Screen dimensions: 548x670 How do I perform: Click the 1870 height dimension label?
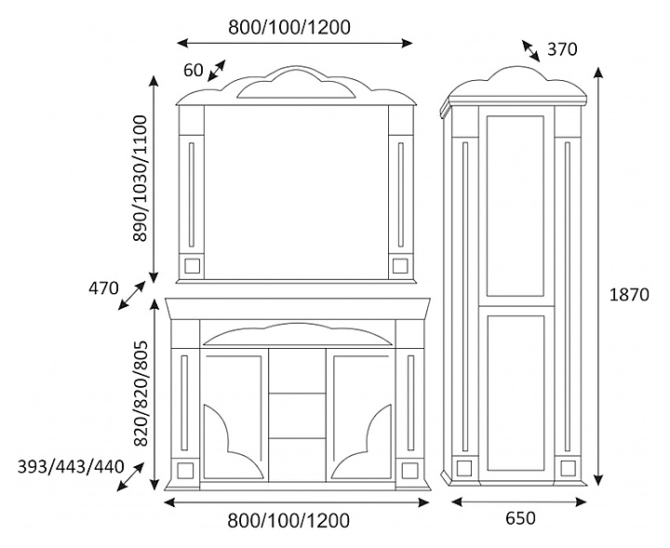628,295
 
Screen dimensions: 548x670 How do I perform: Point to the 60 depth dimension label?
193,70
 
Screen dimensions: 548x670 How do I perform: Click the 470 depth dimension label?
103,288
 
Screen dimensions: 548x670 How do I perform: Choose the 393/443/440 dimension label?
71,466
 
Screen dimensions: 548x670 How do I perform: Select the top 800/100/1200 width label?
289,27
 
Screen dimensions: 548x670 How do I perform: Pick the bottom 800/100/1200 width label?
289,520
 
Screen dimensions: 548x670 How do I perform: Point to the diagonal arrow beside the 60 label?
217,71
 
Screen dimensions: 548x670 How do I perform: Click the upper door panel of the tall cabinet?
515,206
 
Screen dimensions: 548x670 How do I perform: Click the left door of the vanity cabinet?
234,416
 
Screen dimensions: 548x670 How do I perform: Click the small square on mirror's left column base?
193,265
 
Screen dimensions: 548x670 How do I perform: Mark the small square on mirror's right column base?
400,265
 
